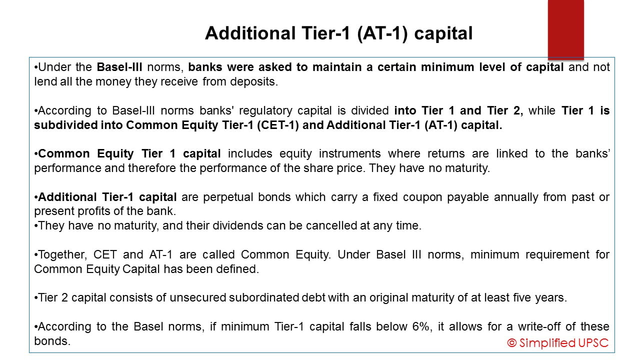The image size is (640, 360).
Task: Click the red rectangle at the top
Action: click(565, 29)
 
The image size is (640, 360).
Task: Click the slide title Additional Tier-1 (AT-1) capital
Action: click(338, 33)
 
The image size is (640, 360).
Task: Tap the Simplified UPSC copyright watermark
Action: click(557, 342)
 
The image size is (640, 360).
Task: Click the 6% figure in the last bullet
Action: click(391, 327)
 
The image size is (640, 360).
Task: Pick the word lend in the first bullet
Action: click(43, 81)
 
